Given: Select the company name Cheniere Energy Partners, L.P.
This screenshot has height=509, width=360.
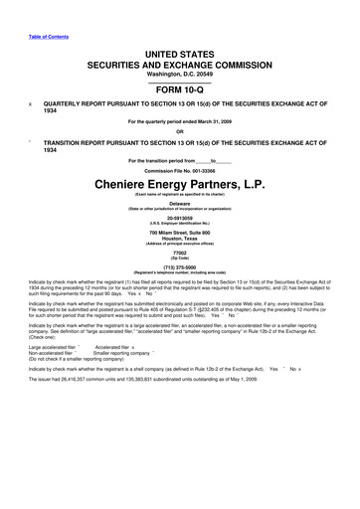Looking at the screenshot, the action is [179, 184].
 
